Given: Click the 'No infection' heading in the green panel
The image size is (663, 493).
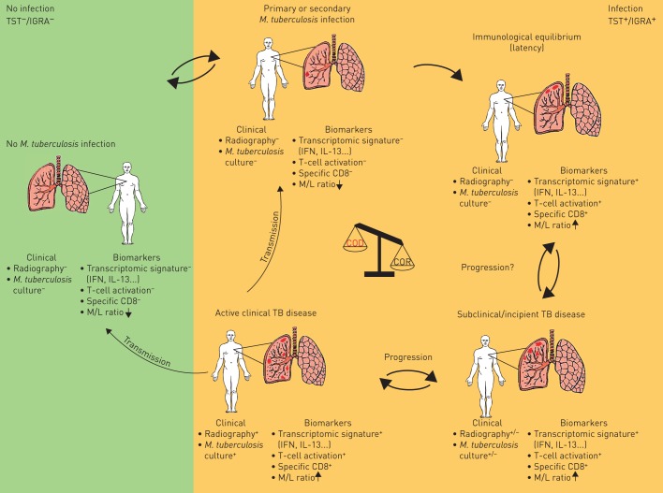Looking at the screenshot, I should tap(26, 7).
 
